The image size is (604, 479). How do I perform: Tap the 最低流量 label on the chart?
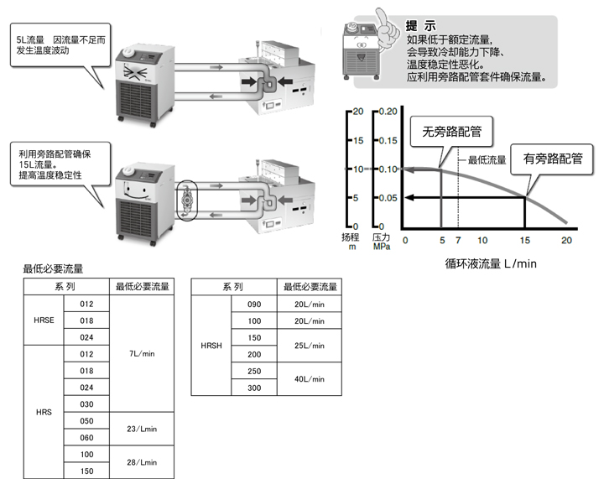[x=487, y=159]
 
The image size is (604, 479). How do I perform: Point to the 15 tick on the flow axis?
[x=525, y=240]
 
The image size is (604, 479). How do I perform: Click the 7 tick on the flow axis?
[x=458, y=240]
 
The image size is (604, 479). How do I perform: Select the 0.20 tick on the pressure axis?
[x=388, y=112]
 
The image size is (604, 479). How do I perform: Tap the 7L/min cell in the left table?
[x=143, y=354]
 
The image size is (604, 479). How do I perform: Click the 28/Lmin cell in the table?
[x=143, y=462]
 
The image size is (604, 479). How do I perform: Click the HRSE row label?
[x=44, y=320]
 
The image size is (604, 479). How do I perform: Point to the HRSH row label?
[x=212, y=346]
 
